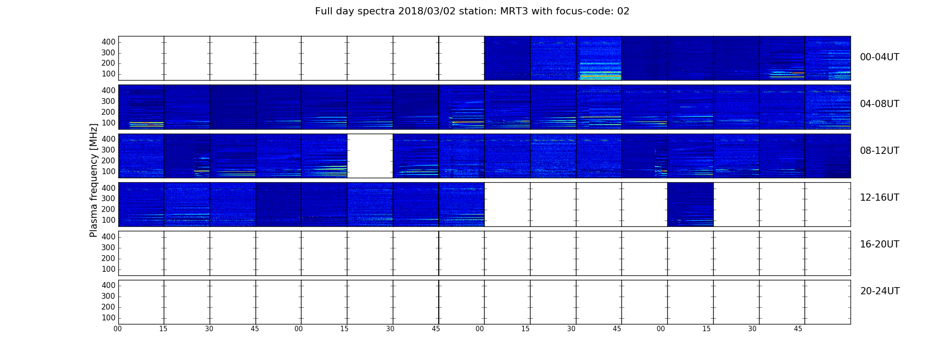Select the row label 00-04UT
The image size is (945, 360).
click(x=880, y=57)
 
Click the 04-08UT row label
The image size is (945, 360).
click(x=880, y=104)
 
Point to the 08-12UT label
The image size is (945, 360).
click(x=880, y=151)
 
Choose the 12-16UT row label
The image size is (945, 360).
click(x=880, y=198)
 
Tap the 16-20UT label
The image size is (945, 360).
click(x=880, y=244)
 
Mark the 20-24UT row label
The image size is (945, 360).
click(x=880, y=291)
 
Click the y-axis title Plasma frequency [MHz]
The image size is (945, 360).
click(x=94, y=180)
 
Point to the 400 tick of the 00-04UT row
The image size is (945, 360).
click(x=108, y=42)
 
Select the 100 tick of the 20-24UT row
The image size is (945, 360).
click(x=108, y=318)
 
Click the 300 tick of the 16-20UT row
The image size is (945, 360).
click(x=108, y=247)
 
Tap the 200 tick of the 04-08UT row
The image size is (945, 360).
click(x=108, y=112)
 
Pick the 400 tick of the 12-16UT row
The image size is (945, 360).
click(x=108, y=188)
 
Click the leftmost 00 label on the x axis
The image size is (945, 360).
click(x=117, y=329)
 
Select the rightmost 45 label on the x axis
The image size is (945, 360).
click(x=798, y=329)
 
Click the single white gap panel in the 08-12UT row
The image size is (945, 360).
click(x=370, y=156)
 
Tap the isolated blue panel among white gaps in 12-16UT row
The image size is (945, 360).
click(x=690, y=204)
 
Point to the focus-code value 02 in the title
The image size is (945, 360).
click(x=623, y=11)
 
